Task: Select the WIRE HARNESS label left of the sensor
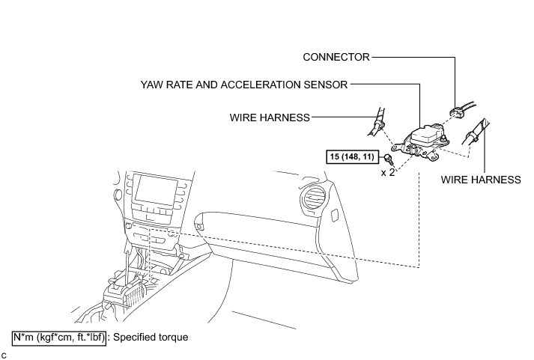[270, 117]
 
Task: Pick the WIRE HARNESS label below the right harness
[480, 180]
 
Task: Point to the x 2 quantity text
[388, 171]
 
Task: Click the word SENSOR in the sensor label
[326, 85]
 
